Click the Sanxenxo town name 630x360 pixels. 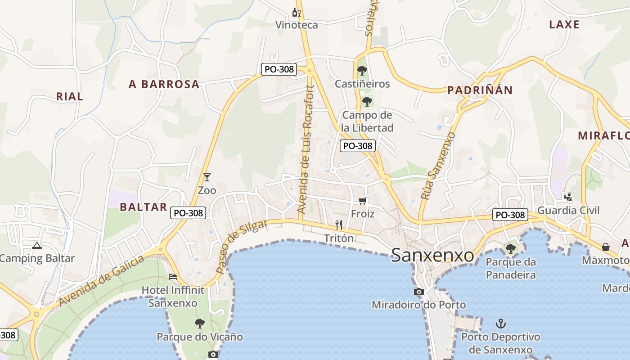click(x=432, y=255)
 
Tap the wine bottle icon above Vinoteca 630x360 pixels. click(x=297, y=12)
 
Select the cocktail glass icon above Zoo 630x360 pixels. click(x=207, y=177)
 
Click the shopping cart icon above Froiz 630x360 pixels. click(x=363, y=201)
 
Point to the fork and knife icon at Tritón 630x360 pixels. click(x=339, y=225)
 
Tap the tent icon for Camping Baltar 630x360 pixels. click(x=36, y=245)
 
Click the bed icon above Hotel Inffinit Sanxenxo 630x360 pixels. click(x=173, y=276)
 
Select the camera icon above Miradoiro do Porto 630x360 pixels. click(x=419, y=292)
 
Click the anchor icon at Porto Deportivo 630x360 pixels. click(x=500, y=323)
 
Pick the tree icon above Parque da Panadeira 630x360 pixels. click(x=510, y=248)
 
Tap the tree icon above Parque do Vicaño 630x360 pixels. click(x=199, y=323)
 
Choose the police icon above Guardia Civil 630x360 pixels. click(x=568, y=197)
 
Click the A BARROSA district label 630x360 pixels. click(x=164, y=84)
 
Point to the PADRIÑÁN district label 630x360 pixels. click(x=480, y=90)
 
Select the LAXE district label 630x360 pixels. click(x=564, y=25)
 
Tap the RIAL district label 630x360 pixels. click(x=69, y=96)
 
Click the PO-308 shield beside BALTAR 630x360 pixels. click(x=188, y=213)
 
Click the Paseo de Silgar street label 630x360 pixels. click(x=241, y=246)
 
